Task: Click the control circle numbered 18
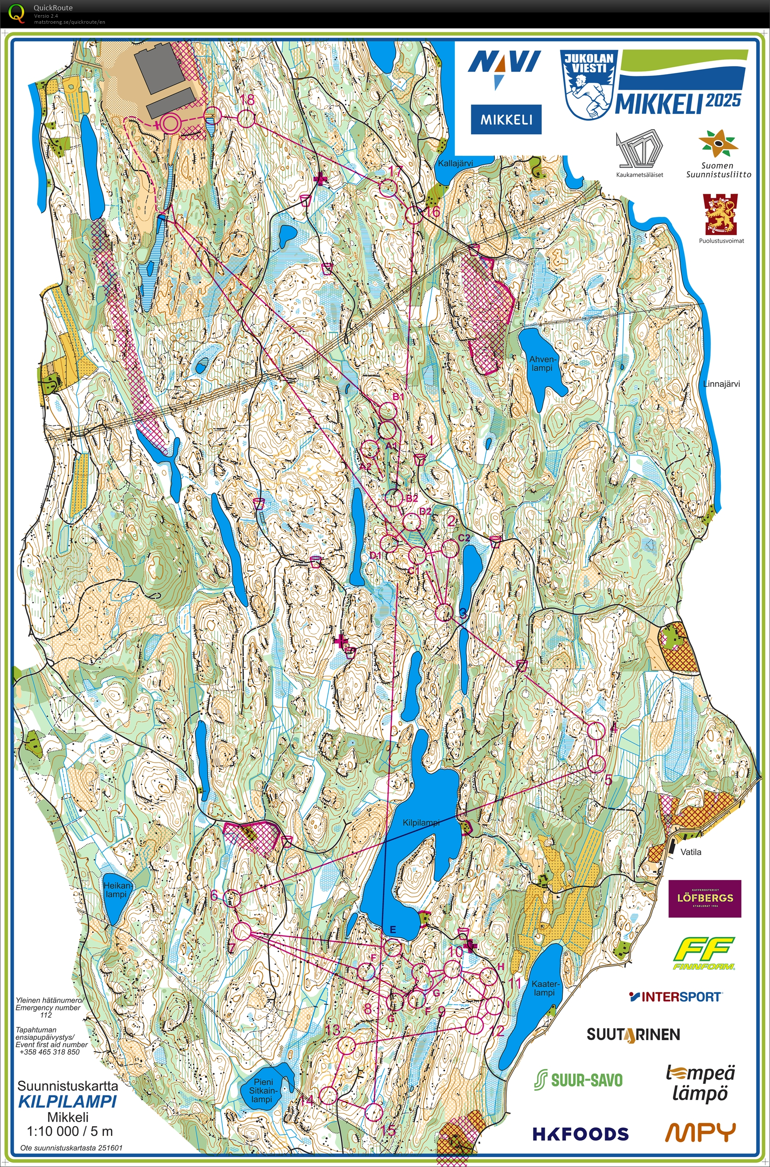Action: (x=246, y=118)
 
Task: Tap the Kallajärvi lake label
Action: (x=455, y=164)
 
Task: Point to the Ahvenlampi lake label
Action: (x=541, y=364)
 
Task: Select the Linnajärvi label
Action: (x=721, y=384)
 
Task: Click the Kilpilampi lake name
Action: (x=420, y=823)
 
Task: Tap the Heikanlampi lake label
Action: (x=117, y=890)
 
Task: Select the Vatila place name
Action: (x=691, y=852)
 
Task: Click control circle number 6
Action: (x=232, y=899)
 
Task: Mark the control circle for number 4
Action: (x=595, y=731)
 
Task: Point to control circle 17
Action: (x=388, y=188)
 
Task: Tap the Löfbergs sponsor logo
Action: (x=704, y=898)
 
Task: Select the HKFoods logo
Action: (x=580, y=1133)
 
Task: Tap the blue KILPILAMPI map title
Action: (x=67, y=1102)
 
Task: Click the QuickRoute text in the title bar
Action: (x=53, y=7)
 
